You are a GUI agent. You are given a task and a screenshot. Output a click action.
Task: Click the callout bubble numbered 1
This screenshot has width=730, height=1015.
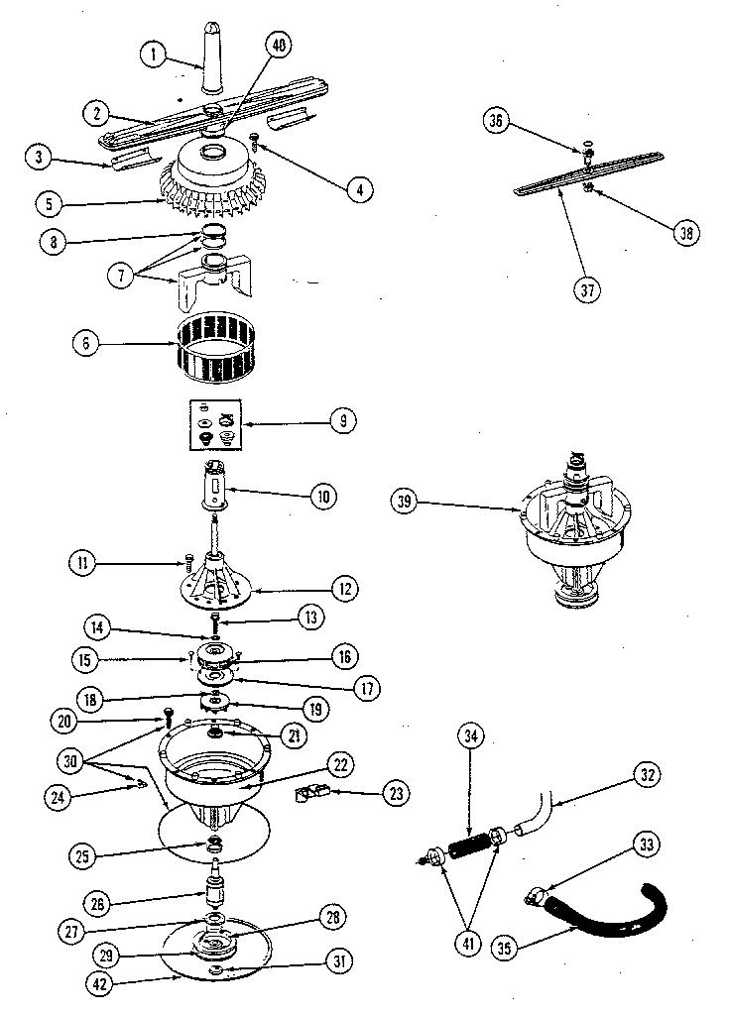(x=155, y=56)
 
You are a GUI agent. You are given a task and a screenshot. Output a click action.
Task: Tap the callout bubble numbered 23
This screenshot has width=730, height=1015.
(x=368, y=793)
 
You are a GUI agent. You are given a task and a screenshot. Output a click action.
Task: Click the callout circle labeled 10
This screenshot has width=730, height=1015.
(x=323, y=495)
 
